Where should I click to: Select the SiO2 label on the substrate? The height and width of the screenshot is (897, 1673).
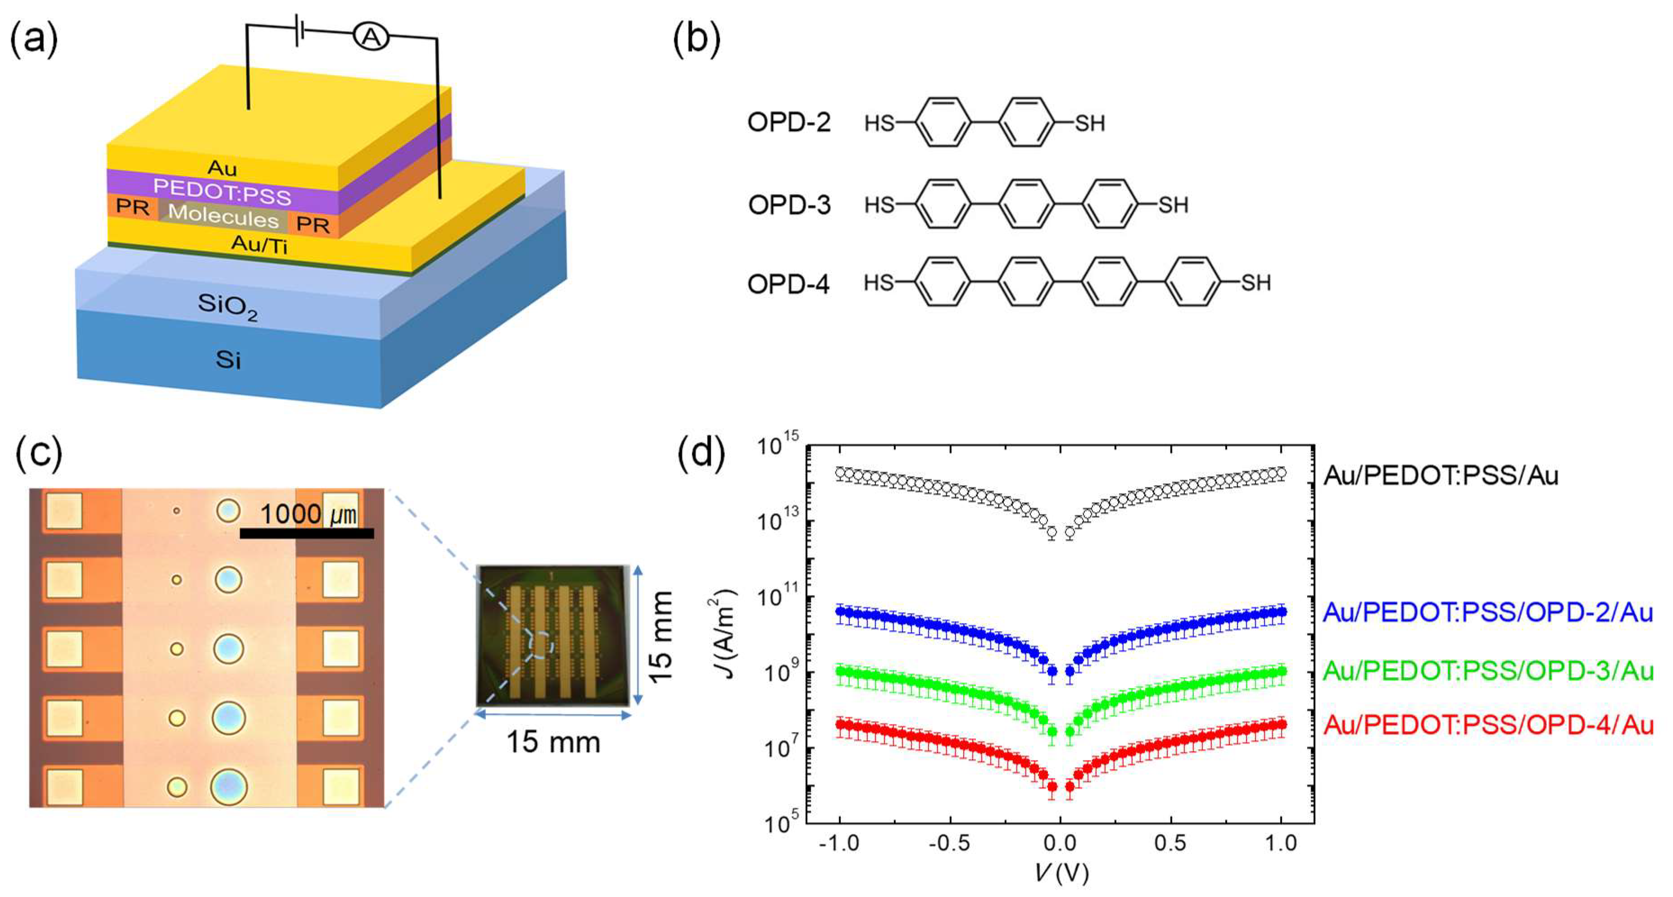coord(227,306)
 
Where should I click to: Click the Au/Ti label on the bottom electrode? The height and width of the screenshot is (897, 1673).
coord(259,245)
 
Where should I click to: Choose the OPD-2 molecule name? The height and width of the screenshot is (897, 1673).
coord(789,122)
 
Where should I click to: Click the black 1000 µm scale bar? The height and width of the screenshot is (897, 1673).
coord(307,533)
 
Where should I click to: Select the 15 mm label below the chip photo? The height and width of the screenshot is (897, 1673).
coord(553,742)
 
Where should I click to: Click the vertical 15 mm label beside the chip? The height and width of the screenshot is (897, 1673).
coord(661,637)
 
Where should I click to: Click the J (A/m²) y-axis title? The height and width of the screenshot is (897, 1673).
coord(722,633)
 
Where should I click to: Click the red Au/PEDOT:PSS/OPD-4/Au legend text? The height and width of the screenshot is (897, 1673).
coord(1488,724)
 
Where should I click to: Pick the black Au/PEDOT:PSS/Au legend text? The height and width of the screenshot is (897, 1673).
coord(1441,475)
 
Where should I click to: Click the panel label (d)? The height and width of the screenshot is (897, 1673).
coord(701,453)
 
